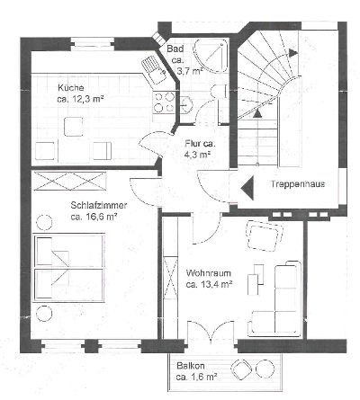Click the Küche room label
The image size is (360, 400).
coord(71,88)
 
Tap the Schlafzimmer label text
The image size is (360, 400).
coord(99,206)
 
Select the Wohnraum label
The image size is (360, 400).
coord(209,273)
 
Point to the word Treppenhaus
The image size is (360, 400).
coord(298,183)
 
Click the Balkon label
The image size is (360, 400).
coord(191,366)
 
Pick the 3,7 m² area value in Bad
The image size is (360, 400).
coord(190,72)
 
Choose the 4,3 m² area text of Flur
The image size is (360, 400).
coord(197,156)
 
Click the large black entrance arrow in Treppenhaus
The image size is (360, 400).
coord(247,188)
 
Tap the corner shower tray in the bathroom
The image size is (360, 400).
coord(211,57)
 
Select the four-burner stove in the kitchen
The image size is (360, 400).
coord(164,102)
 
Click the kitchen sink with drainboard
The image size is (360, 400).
coord(154,69)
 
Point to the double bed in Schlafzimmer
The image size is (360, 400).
coord(69,267)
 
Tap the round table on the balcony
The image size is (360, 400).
coord(265,368)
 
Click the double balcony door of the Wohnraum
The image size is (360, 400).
coord(211,332)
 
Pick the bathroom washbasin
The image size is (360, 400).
coord(187,105)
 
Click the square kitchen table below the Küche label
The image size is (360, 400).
coord(74,127)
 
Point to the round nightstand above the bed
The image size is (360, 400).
coord(44,223)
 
